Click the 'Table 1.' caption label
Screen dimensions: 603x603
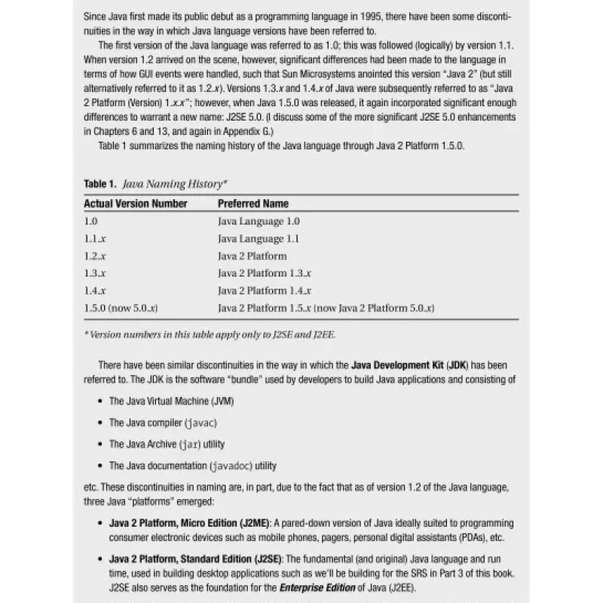click(100, 184)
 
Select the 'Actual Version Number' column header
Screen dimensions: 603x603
click(136, 204)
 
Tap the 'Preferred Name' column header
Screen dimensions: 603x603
click(253, 204)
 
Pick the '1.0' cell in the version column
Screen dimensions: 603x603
click(91, 222)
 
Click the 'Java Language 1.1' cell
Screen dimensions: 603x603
click(259, 239)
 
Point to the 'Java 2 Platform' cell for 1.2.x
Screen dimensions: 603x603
click(252, 256)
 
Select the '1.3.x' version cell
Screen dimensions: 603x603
click(95, 274)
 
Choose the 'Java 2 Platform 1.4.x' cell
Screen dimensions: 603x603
click(265, 291)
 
